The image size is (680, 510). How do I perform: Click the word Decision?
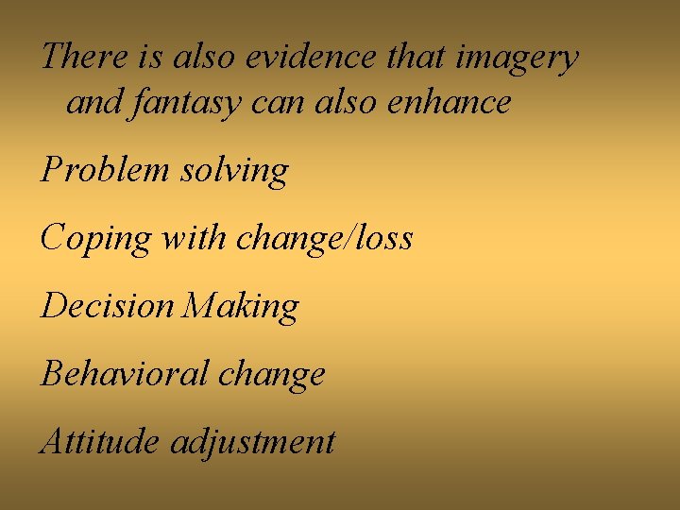(108, 305)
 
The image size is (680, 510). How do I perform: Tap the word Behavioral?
(124, 373)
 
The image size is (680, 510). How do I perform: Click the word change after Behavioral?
(272, 375)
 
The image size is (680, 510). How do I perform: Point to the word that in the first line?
(416, 57)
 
